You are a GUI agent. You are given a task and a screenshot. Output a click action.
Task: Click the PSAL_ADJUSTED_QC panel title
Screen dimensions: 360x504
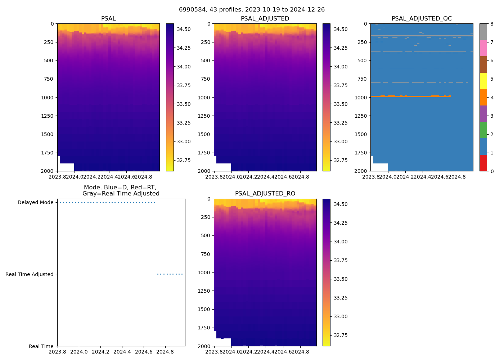[422, 18]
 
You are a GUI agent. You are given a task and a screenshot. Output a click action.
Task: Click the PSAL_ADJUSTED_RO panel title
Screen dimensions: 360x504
[265, 193]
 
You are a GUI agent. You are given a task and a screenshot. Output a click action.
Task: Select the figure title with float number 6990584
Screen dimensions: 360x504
[252, 9]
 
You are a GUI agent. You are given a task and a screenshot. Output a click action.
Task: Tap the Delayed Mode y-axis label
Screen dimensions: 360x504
[35, 202]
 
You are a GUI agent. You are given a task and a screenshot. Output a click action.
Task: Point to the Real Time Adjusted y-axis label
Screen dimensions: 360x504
[30, 274]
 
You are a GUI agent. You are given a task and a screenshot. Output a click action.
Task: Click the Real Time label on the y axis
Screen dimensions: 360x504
[41, 346]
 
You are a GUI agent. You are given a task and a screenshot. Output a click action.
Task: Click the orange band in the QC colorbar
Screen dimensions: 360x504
[483, 97]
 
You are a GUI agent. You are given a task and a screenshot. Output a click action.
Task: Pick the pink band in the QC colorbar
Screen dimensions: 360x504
[483, 48]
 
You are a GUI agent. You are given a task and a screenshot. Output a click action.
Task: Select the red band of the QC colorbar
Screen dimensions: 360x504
[483, 163]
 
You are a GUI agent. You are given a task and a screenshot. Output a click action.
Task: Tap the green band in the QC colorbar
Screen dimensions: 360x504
[483, 130]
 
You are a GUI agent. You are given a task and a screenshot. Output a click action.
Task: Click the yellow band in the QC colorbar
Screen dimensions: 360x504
[483, 81]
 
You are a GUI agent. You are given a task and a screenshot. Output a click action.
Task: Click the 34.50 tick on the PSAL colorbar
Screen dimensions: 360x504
[184, 29]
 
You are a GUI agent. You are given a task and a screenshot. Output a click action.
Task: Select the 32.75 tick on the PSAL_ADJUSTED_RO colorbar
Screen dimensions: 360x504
[340, 335]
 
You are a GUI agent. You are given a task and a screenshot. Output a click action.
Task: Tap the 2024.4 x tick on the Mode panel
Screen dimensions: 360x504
[122, 351]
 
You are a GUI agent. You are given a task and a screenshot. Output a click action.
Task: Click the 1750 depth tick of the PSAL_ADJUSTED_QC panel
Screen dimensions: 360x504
[361, 153]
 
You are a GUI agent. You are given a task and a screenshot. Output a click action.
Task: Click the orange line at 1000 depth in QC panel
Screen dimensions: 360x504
[410, 96]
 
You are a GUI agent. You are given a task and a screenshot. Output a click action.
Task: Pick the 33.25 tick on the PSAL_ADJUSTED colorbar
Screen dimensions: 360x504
[340, 123]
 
